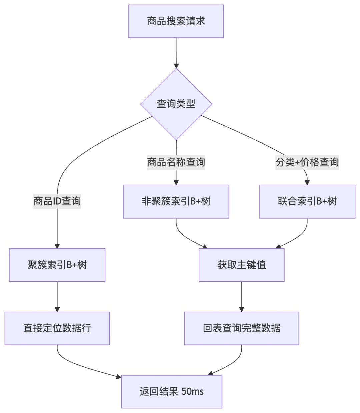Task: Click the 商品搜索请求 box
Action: (x=176, y=21)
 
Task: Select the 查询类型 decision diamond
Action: (x=176, y=104)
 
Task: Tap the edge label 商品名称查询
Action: (x=176, y=162)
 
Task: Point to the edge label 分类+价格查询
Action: (x=307, y=162)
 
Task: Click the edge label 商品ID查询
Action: (x=57, y=201)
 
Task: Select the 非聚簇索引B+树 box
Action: (x=176, y=201)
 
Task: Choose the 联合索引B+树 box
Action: (x=307, y=201)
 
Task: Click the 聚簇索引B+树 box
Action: (x=57, y=265)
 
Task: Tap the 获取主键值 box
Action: (x=242, y=265)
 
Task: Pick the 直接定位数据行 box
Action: (x=57, y=328)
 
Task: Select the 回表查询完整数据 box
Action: (x=242, y=328)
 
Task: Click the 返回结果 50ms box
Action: (x=172, y=391)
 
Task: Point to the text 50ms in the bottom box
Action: (x=193, y=391)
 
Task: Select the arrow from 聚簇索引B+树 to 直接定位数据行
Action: (x=57, y=296)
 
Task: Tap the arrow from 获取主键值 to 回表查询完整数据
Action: (x=242, y=296)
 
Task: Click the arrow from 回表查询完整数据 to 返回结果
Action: (x=230, y=366)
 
